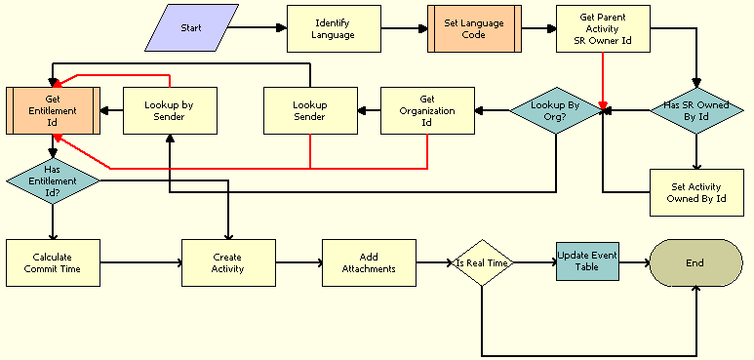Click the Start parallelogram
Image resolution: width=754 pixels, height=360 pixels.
191,28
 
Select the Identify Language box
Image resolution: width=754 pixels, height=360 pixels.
334,28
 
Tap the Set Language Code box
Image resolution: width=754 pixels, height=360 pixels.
474,28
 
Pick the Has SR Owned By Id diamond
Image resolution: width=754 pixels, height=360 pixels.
696,110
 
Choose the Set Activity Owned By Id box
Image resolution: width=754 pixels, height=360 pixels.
696,192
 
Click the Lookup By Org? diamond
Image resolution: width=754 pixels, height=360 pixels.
556,110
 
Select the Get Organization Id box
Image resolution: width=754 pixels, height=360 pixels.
427,110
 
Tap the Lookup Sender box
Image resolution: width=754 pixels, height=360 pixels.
310,110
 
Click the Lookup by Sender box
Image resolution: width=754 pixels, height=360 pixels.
170,110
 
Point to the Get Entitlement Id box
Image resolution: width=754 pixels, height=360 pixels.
53,110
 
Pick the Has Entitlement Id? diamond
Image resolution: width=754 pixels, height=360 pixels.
53,179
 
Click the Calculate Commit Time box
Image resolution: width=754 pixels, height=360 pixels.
53,262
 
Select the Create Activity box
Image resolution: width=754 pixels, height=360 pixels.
228,262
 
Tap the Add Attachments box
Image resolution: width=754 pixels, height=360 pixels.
369,262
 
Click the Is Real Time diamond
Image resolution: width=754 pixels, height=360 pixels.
482,262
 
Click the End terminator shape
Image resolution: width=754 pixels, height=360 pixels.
695,262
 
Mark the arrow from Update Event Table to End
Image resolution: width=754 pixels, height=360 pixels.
633,262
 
